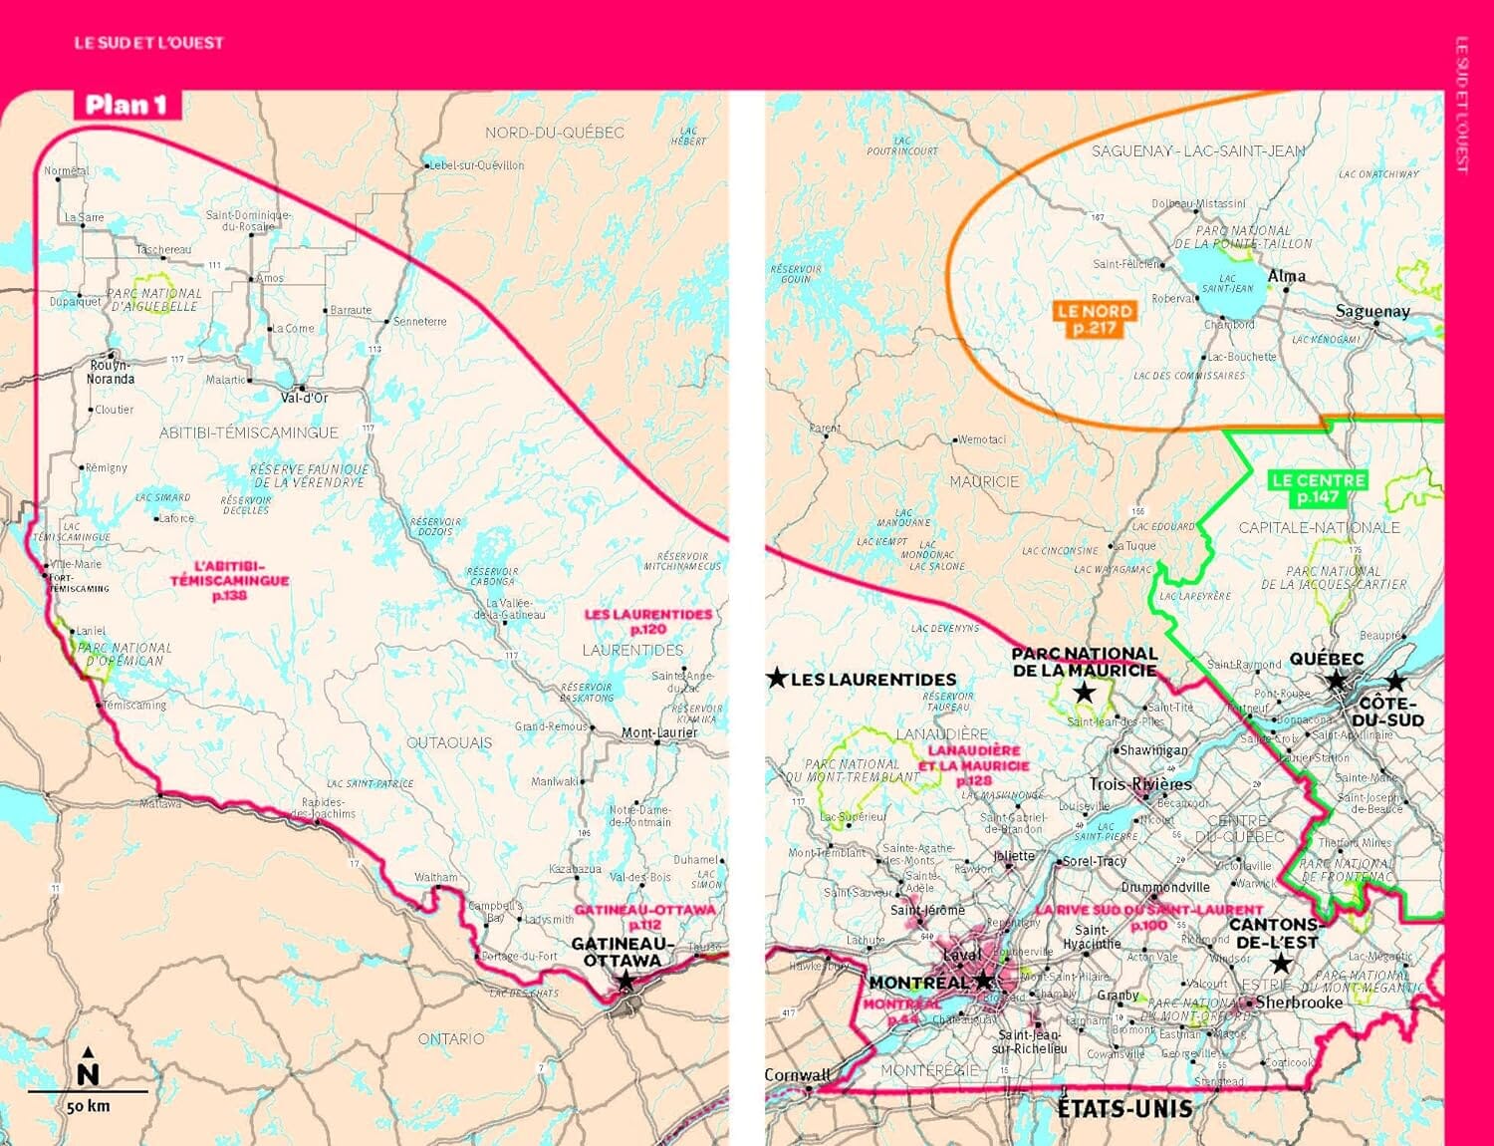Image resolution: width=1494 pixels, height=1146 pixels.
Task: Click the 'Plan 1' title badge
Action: pos(126,105)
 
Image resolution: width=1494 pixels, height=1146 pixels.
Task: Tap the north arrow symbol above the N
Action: pos(89,1052)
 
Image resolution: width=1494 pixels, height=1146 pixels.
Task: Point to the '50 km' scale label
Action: pos(88,1106)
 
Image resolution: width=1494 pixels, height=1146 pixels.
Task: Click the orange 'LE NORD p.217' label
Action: pos(1094,319)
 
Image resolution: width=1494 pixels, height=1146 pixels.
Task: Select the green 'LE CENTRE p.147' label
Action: pos(1318,488)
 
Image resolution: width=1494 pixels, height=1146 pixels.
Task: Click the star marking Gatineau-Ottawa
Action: pos(624,982)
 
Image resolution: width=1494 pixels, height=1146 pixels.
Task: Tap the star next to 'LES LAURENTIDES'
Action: pos(777,679)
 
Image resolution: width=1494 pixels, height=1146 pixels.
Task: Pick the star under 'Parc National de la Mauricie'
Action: pos(1084,693)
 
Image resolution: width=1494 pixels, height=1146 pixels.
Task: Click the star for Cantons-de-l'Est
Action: pos(1281,964)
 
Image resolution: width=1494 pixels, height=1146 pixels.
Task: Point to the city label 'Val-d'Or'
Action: pos(304,398)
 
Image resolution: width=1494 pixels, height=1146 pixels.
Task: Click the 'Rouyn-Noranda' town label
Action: pos(110,372)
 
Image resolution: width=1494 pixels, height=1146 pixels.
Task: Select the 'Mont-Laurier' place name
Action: pos(659,732)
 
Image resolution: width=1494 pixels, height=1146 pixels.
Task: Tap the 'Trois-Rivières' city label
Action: pos(1140,784)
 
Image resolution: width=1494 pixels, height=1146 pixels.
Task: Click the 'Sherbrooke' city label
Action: pos(1299,1003)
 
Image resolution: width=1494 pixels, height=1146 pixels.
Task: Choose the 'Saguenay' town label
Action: pos(1371,311)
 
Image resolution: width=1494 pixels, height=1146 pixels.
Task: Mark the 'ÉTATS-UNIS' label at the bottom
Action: pos(1124,1108)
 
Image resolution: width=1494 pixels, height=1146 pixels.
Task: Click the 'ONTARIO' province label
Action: pos(451,1038)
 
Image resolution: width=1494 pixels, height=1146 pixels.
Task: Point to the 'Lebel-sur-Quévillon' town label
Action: pos(476,165)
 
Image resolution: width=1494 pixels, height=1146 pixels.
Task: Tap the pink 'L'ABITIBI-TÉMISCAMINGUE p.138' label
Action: pos(229,580)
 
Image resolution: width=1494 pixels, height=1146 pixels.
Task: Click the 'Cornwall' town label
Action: pos(797,1075)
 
